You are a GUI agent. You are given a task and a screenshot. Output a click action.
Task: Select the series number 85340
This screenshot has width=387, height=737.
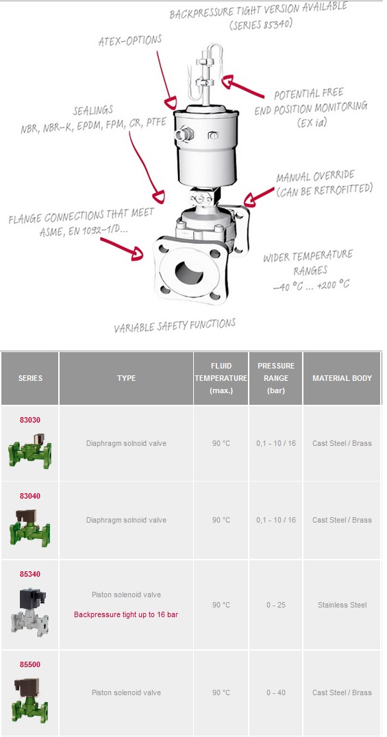click(x=30, y=574)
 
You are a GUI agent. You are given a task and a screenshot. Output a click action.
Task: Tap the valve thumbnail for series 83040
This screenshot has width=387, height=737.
click(x=29, y=525)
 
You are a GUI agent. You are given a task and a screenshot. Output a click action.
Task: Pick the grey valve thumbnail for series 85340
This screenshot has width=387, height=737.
click(x=29, y=611)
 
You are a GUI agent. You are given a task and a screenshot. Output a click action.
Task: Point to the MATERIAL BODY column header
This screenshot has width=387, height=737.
click(x=342, y=378)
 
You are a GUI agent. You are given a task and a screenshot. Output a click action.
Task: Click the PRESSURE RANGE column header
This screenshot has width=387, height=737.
click(x=275, y=378)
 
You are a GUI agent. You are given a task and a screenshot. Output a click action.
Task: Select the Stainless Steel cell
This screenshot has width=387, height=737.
click(x=342, y=605)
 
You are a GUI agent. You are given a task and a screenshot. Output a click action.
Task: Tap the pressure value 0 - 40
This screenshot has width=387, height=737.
click(x=275, y=692)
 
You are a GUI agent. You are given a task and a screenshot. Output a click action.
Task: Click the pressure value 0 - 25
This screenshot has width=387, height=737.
click(x=275, y=605)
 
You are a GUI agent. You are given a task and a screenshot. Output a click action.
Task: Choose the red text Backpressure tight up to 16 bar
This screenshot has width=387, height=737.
click(x=126, y=614)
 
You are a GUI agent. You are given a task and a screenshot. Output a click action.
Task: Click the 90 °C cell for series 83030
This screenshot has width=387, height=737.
click(x=221, y=443)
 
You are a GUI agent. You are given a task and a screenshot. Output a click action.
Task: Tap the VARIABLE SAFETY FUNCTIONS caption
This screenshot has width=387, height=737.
click(x=175, y=325)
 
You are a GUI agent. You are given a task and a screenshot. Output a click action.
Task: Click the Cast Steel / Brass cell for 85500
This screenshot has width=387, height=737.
click(x=342, y=692)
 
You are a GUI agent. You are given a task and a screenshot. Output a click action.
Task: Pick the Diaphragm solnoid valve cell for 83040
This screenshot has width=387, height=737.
click(x=126, y=520)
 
